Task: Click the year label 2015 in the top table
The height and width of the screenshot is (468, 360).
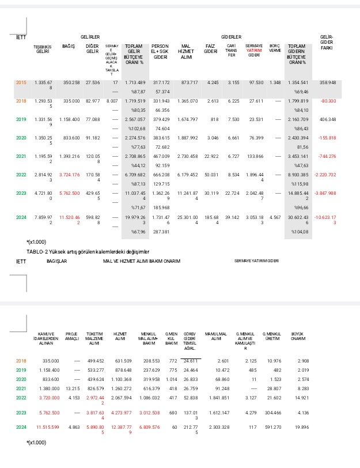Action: coord(20,83)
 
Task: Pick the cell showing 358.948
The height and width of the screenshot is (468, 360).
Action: coord(328,83)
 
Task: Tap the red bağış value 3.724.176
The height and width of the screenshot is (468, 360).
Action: coord(69,175)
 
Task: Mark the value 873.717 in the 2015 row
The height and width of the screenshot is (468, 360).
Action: coord(190,83)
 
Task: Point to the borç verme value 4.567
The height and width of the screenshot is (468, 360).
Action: coord(275,217)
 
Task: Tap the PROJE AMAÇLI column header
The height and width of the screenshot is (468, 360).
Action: coord(72,337)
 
